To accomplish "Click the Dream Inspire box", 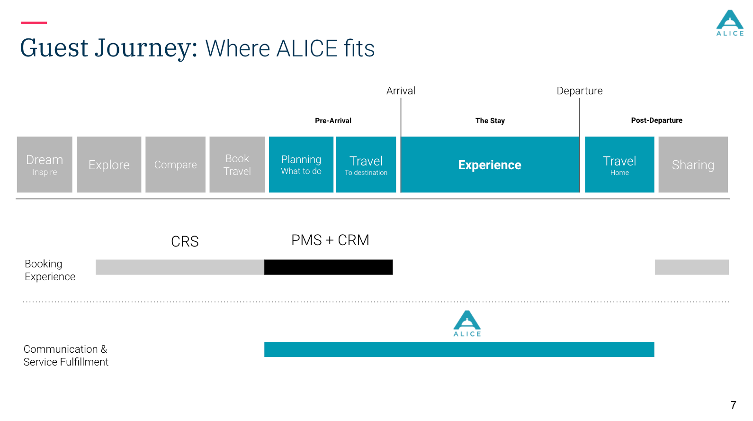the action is coord(45,164).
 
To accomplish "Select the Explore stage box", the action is coord(109,164).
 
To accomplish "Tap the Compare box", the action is coord(175,164).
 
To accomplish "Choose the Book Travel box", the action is coord(237,164).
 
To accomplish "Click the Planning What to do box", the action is coord(301,164).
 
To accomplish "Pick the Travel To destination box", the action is coord(366,164).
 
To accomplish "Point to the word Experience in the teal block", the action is coord(490,165).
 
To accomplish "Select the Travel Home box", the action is coord(619,164).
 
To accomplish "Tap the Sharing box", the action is coord(693,164).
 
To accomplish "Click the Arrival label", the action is coord(401,91).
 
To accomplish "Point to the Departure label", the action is coord(580,91).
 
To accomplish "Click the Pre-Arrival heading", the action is coord(333,120).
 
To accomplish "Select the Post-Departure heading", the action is coord(656,120).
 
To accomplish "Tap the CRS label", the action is coord(185,241).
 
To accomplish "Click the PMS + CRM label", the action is coord(330,240).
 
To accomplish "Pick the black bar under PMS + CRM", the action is coord(328,267).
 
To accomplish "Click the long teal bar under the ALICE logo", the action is coord(459,349).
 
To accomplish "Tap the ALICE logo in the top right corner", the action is coord(730,23).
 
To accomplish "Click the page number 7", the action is coord(733,405).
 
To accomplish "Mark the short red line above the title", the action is coord(34,23).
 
